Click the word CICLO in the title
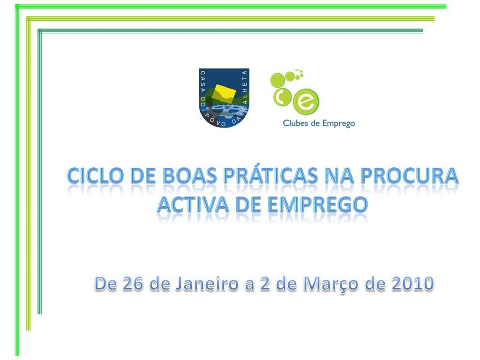(92, 176)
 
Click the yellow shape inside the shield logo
(224, 93)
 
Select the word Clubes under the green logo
(296, 124)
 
